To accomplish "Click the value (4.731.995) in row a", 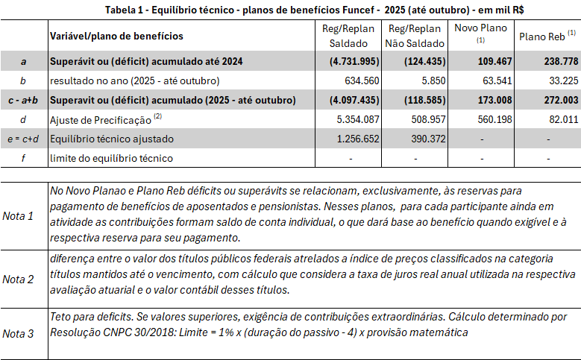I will point(346,61).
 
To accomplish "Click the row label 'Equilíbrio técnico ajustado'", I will point(111,139).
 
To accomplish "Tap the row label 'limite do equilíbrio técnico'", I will point(111,158).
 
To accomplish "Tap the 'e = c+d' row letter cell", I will point(24,139).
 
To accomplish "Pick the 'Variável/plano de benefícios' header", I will point(116,36).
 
